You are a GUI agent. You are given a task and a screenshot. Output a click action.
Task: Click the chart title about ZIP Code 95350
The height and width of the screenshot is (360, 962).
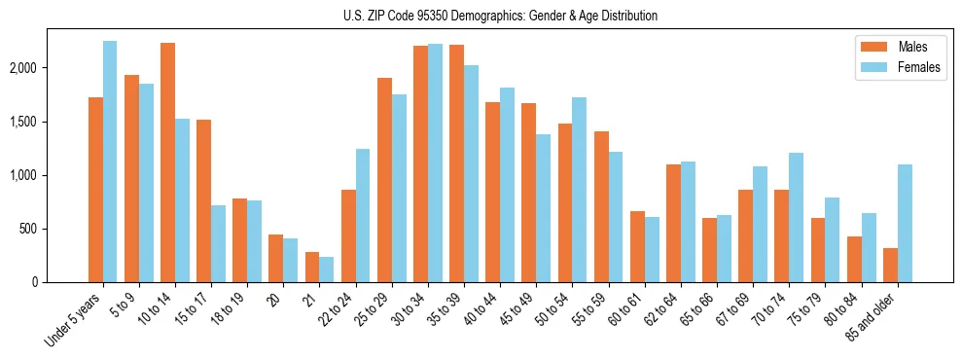pyautogui.click(x=500, y=16)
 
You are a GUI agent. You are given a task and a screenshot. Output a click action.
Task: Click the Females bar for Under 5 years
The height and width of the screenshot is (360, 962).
pyautogui.click(x=110, y=162)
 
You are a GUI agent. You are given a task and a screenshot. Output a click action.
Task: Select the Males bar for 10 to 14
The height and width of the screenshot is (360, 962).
pyautogui.click(x=167, y=162)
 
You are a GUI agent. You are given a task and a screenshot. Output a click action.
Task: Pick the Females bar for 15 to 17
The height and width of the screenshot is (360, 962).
pyautogui.click(x=219, y=243)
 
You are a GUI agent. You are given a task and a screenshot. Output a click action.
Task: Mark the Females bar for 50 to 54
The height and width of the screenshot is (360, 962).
pyautogui.click(x=579, y=190)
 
